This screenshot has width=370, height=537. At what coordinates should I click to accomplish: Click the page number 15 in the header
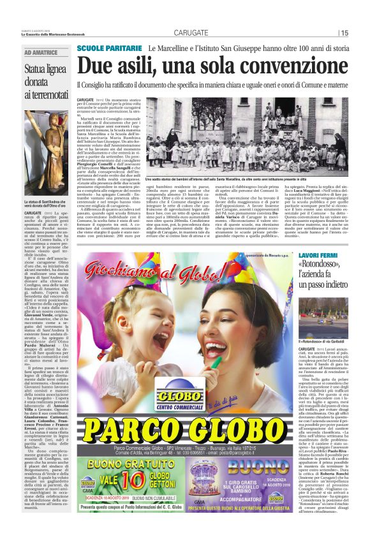[344, 33]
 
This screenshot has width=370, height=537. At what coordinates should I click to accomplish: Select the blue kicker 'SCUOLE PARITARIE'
[109, 49]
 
